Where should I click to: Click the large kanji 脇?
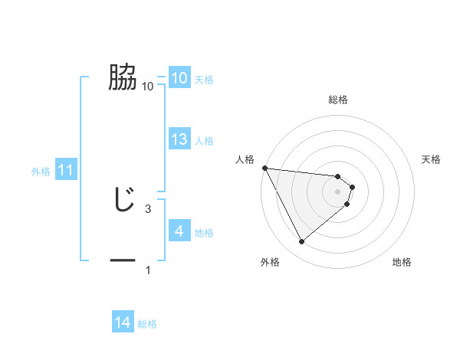click(x=123, y=77)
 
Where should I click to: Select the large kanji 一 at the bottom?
click(x=123, y=260)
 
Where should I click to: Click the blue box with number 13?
click(x=179, y=139)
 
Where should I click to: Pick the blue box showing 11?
click(x=65, y=171)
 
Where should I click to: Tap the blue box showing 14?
click(x=123, y=323)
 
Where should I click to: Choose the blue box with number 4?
click(x=179, y=231)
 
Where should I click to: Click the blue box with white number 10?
click(x=179, y=78)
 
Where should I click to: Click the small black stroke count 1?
click(x=148, y=270)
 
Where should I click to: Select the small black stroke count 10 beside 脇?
click(x=148, y=87)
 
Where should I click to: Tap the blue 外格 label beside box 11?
click(x=41, y=172)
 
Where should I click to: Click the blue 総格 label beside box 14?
click(x=147, y=324)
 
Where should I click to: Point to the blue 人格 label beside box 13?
click(x=204, y=141)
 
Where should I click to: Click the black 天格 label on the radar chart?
click(x=432, y=159)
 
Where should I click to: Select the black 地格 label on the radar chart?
click(x=402, y=263)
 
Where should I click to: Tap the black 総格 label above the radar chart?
click(x=338, y=100)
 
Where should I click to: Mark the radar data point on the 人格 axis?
click(x=264, y=168)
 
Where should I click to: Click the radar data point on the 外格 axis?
click(x=302, y=242)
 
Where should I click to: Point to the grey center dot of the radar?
click(x=338, y=191)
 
